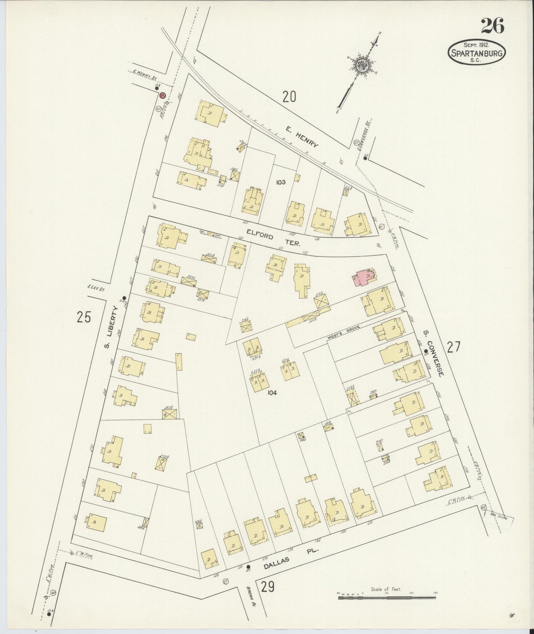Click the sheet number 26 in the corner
(x=492, y=26)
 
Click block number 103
(x=281, y=182)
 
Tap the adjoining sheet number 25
(x=84, y=317)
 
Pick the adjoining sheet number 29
(x=268, y=587)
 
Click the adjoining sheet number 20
(x=289, y=97)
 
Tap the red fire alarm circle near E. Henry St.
(x=161, y=95)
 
